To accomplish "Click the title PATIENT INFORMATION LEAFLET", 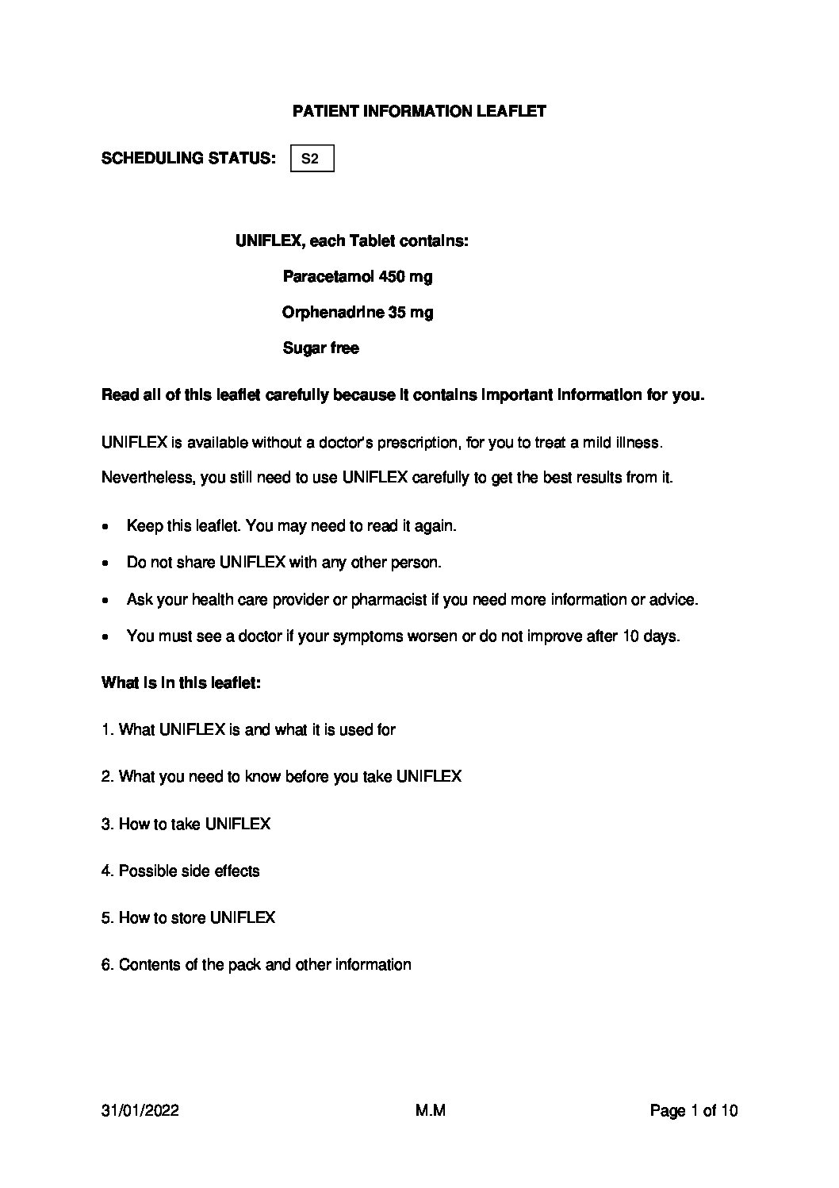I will click(x=419, y=112).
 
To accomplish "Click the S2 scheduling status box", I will click(x=312, y=159).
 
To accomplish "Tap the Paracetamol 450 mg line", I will click(x=357, y=277).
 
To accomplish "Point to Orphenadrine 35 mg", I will click(x=357, y=313).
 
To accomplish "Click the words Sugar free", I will click(x=320, y=348).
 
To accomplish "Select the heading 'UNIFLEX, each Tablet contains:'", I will click(x=351, y=240).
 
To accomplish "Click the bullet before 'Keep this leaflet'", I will click(x=106, y=527).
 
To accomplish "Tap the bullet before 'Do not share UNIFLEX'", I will click(x=106, y=563).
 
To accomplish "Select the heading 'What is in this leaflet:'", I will click(x=181, y=683).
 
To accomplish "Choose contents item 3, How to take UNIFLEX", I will click(x=186, y=825).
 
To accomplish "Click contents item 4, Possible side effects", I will click(x=181, y=871).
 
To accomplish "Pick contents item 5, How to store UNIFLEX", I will click(x=189, y=918).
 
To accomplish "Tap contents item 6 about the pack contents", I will click(x=256, y=965).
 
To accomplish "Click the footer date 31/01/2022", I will click(x=140, y=1111).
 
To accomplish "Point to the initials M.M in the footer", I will click(x=430, y=1111).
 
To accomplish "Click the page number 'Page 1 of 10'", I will click(x=693, y=1111).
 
